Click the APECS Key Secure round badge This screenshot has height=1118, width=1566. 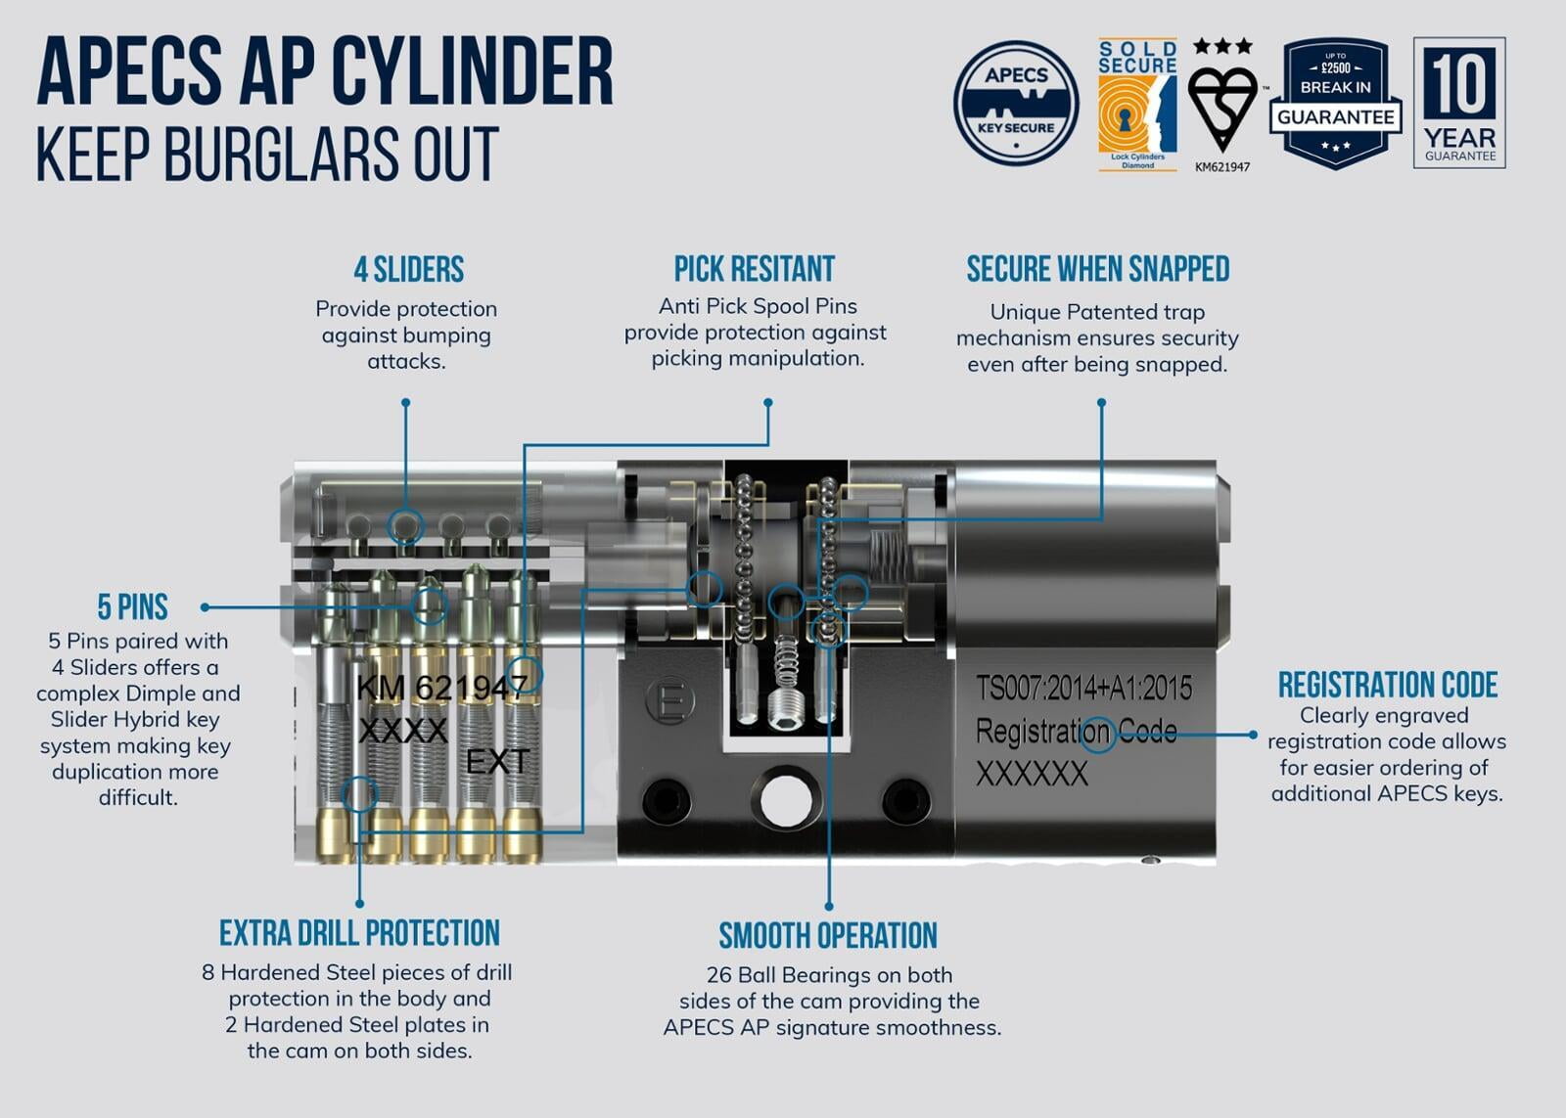coord(1016,103)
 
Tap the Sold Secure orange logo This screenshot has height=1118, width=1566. coord(1137,106)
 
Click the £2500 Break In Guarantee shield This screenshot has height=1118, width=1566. coord(1336,103)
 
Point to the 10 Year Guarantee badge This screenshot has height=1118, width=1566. coord(1459,103)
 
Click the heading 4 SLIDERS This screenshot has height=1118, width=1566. coord(409,269)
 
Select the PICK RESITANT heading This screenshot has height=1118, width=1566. coord(755,269)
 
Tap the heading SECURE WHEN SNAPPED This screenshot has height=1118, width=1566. coord(1098,269)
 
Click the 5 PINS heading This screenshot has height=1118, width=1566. coord(133,607)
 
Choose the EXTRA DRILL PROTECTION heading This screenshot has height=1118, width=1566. coord(359,933)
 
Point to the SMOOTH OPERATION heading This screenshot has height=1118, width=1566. coord(828,936)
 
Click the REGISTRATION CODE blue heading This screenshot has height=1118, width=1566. coord(1388,685)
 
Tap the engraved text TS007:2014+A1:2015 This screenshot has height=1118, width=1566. coord(1083,689)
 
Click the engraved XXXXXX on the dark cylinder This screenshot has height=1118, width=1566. coord(1032,775)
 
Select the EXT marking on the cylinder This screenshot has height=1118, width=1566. coord(497,761)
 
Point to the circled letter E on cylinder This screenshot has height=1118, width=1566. coord(671,701)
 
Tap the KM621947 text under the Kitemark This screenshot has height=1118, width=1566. coord(1222,167)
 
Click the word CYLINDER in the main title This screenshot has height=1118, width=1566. coord(473,70)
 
